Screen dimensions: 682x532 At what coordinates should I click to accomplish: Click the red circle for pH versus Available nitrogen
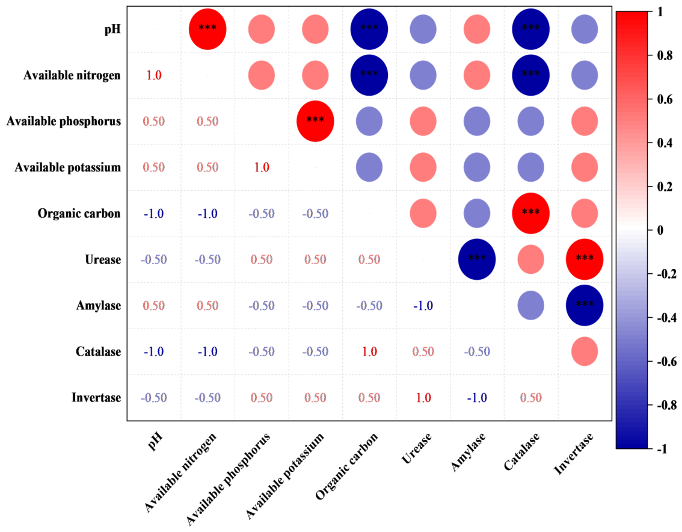(207, 29)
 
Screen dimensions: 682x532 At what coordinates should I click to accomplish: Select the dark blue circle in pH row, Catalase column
(530, 29)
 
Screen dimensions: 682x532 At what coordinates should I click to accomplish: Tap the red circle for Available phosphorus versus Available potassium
(315, 121)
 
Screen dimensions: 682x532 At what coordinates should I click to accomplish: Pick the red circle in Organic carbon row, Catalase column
(530, 213)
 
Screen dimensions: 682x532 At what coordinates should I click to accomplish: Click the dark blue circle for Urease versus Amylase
(477, 259)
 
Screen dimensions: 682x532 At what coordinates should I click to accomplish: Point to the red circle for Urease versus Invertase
(585, 259)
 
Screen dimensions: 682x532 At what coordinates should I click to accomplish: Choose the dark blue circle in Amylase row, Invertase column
(585, 305)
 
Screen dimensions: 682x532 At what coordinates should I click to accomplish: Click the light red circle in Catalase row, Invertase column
(585, 351)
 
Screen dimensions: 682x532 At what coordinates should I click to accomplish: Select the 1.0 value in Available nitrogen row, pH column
(154, 75)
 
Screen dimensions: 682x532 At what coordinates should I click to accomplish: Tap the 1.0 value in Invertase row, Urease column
(423, 397)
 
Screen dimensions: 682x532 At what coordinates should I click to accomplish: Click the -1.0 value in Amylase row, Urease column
(423, 306)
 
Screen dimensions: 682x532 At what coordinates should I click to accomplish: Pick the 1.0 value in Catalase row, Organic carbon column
(369, 351)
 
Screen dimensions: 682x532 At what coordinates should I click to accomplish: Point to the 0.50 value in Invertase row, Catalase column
(530, 397)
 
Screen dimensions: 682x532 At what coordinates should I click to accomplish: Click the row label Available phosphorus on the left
(64, 122)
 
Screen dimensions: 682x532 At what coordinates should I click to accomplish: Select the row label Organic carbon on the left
(79, 214)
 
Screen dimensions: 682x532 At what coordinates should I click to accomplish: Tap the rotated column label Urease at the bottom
(416, 448)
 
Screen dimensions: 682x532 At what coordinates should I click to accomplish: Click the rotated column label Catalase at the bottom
(521, 451)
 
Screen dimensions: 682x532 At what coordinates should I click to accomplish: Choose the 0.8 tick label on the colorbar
(665, 55)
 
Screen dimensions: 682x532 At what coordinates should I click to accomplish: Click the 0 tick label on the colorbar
(660, 230)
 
